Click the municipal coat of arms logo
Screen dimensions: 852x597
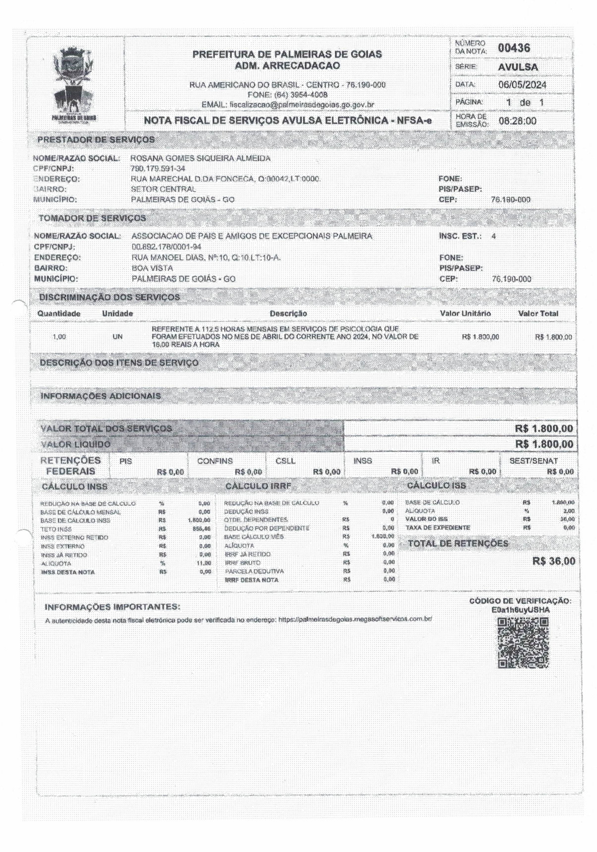pos(74,82)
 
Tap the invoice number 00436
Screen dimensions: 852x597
pos(514,48)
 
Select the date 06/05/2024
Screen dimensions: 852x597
pos(522,85)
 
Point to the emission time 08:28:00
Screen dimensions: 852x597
pos(517,121)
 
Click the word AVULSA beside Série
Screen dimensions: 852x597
pos(518,67)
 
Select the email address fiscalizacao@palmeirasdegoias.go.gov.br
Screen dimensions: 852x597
pos(301,105)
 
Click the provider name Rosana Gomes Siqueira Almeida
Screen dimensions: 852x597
pos(201,158)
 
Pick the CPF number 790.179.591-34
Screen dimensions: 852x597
pos(158,169)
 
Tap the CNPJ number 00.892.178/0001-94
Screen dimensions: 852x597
pos(166,246)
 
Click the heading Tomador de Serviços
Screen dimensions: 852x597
pos(92,218)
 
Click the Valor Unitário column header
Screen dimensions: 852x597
pos(465,313)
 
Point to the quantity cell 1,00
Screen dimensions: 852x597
pos(59,337)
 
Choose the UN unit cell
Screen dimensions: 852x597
pos(117,337)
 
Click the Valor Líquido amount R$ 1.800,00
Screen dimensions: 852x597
pos(544,444)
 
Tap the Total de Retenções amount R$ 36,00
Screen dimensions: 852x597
pos(554,561)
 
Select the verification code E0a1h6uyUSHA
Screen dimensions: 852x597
pos(520,610)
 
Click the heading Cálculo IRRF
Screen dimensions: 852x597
pos(258,486)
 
